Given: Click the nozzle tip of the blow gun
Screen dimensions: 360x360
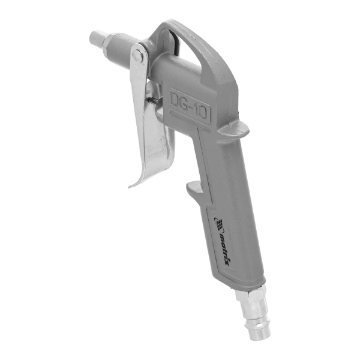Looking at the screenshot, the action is pyautogui.click(x=97, y=37).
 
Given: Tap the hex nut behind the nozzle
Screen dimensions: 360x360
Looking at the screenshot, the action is pyautogui.click(x=108, y=41).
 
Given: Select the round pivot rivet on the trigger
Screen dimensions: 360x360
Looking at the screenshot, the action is pyautogui.click(x=137, y=55).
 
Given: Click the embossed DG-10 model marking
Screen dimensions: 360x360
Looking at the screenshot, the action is pyautogui.click(x=190, y=105).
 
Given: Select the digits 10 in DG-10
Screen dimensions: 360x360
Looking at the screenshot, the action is pyautogui.click(x=202, y=112).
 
